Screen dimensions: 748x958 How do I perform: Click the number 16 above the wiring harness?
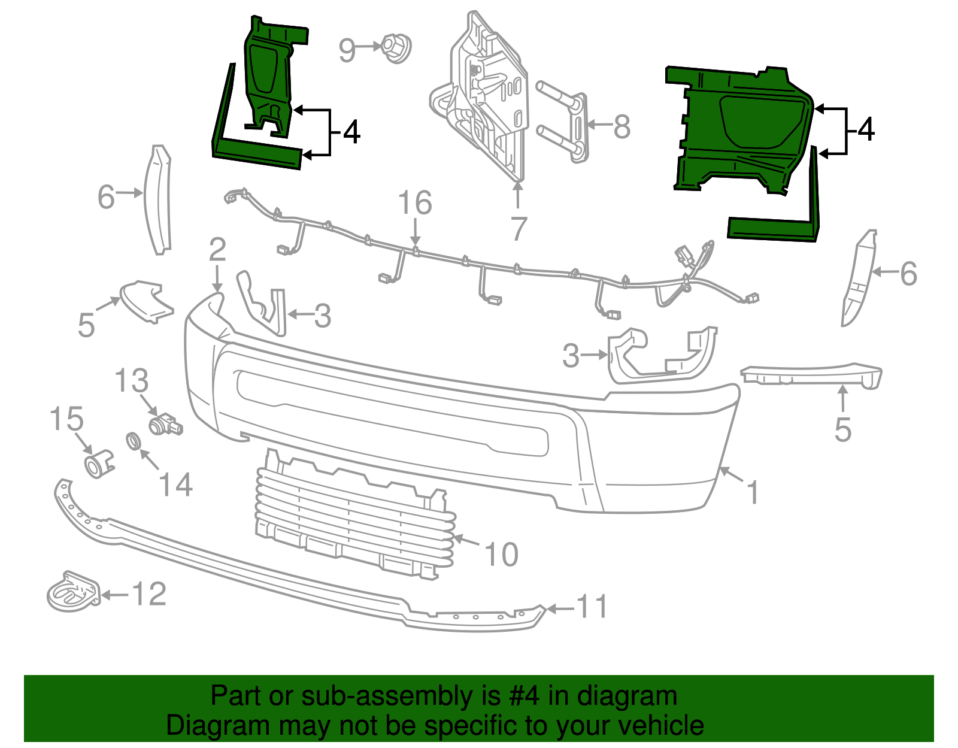click(x=415, y=203)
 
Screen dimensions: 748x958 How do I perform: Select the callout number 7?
click(x=519, y=229)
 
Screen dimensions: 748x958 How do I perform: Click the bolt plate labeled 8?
click(x=577, y=128)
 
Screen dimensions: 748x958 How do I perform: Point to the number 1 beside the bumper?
click(x=753, y=493)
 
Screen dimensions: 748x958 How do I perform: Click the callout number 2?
click(x=217, y=250)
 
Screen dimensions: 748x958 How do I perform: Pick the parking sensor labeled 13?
click(x=165, y=425)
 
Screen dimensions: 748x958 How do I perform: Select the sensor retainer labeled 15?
click(x=98, y=464)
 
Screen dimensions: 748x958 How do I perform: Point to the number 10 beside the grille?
click(x=501, y=555)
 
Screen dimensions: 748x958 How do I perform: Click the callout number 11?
click(x=592, y=607)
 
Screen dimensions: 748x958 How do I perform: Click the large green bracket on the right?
click(x=742, y=129)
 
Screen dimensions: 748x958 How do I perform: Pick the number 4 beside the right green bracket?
click(x=866, y=130)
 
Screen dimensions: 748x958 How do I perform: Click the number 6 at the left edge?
click(x=106, y=197)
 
